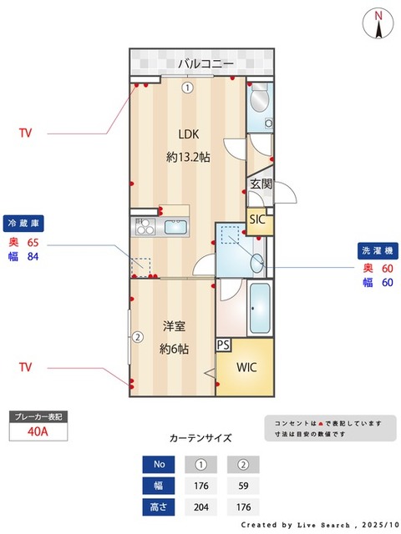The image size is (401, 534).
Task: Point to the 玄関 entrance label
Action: [x=260, y=184]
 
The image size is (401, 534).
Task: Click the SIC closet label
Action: [x=259, y=219]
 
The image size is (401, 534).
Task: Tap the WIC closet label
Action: [x=247, y=367]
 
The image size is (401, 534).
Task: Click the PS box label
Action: [x=224, y=344]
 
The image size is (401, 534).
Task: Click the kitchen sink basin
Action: [x=176, y=227]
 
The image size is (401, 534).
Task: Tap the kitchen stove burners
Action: [x=145, y=227]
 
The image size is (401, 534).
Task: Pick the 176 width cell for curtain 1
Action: [x=200, y=485]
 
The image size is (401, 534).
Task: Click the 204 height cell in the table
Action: [x=200, y=506]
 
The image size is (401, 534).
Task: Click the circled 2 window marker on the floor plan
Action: [x=136, y=337]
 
